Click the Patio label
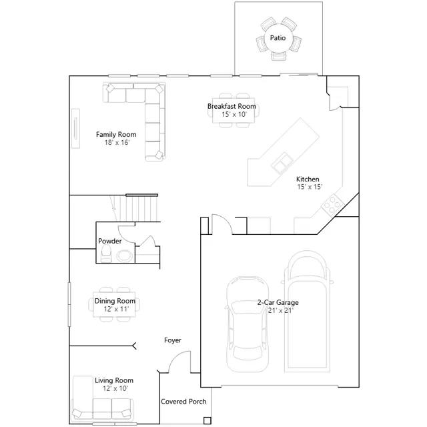(x=278, y=38)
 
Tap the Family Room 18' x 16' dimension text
(x=117, y=142)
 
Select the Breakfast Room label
(x=232, y=106)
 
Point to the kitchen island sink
(x=282, y=163)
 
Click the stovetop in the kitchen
(x=333, y=205)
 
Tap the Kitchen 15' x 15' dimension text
(x=310, y=187)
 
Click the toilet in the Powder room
(x=106, y=254)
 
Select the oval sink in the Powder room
(x=125, y=256)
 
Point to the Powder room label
(x=109, y=241)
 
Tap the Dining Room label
(x=115, y=301)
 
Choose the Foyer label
(x=173, y=340)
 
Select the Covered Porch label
(x=183, y=402)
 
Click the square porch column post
(x=207, y=420)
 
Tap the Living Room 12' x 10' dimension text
(x=115, y=388)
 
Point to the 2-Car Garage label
(x=278, y=302)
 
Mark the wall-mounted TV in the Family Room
(x=75, y=129)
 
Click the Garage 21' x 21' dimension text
(x=280, y=310)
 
